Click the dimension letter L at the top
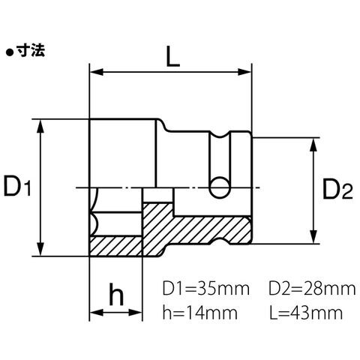(173, 56)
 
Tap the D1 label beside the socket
(17, 186)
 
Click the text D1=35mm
(206, 289)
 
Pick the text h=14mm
(200, 313)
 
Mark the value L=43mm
(306, 313)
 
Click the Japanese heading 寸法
(31, 51)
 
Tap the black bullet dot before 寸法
(10, 52)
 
